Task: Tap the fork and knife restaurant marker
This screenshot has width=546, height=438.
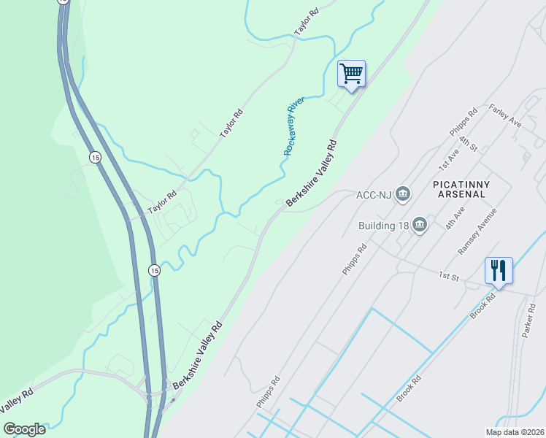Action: pyautogui.click(x=499, y=271)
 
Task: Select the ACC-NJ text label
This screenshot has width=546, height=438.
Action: pyautogui.click(x=374, y=195)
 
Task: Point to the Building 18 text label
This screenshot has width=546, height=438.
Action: pyautogui.click(x=382, y=225)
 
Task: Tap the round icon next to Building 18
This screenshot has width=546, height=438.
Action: pyautogui.click(x=420, y=225)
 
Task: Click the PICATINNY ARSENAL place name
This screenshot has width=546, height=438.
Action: pyautogui.click(x=461, y=189)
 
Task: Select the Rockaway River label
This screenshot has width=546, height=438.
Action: pyautogui.click(x=294, y=125)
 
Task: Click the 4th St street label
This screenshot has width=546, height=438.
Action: pyautogui.click(x=468, y=142)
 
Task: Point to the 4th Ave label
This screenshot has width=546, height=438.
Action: pyautogui.click(x=455, y=219)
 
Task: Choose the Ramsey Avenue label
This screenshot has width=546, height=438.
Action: pyautogui.click(x=477, y=231)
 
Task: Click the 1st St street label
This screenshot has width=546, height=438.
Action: pyautogui.click(x=447, y=276)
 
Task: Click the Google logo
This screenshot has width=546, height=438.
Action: pyautogui.click(x=25, y=429)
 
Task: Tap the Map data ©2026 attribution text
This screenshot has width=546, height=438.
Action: pyautogui.click(x=515, y=432)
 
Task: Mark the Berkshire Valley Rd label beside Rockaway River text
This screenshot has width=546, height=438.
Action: pyautogui.click(x=312, y=173)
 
